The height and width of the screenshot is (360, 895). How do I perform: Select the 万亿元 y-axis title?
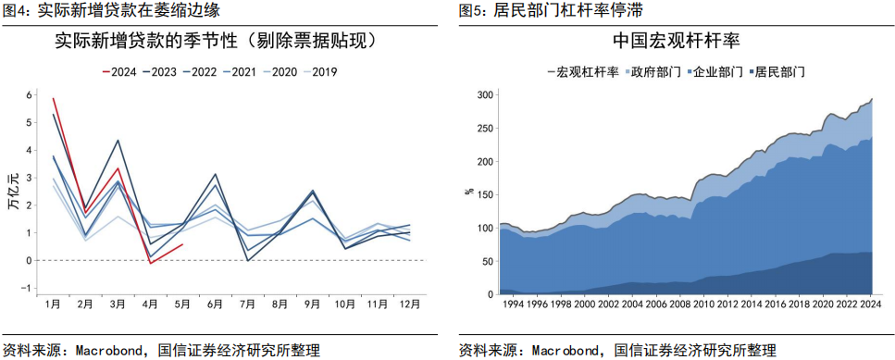pos(12,192)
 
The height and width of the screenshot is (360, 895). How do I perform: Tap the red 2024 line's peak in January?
pos(54,97)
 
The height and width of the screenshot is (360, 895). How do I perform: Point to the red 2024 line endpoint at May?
pos(183,244)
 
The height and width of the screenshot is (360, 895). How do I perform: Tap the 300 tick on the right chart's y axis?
pos(483,95)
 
